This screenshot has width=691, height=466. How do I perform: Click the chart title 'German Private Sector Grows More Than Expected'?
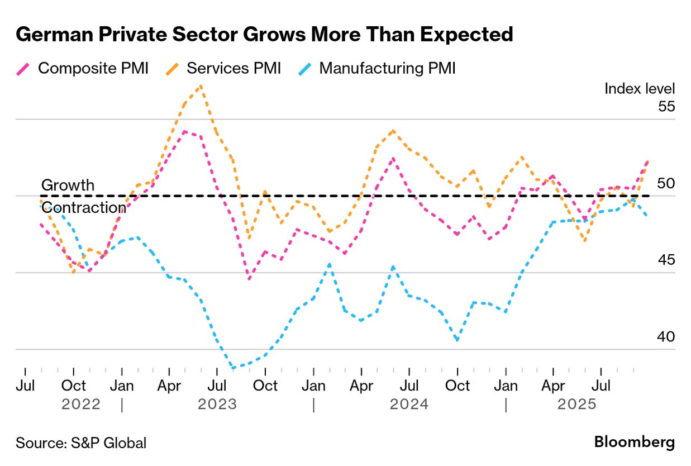(264, 35)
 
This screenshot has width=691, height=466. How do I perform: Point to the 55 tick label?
(666, 107)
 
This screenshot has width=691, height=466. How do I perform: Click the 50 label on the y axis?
(666, 184)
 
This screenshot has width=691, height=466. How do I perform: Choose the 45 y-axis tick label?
(666, 260)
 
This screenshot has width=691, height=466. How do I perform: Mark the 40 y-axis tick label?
(666, 337)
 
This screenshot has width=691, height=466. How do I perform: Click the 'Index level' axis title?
(640, 88)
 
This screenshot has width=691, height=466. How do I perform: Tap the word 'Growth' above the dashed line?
(68, 186)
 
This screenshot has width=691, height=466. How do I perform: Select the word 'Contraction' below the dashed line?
(84, 207)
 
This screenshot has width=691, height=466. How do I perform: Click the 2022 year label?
(82, 404)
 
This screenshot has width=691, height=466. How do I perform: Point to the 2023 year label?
(217, 404)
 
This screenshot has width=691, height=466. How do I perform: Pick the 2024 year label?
(409, 404)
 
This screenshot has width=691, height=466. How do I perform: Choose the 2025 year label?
(576, 404)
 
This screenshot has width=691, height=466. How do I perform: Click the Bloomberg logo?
(634, 443)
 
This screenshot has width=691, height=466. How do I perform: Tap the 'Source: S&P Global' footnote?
(81, 444)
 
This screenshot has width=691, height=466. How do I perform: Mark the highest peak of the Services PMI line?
(201, 85)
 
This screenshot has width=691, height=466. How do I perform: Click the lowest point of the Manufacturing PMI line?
(233, 368)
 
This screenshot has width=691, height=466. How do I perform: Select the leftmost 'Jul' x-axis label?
(26, 386)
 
